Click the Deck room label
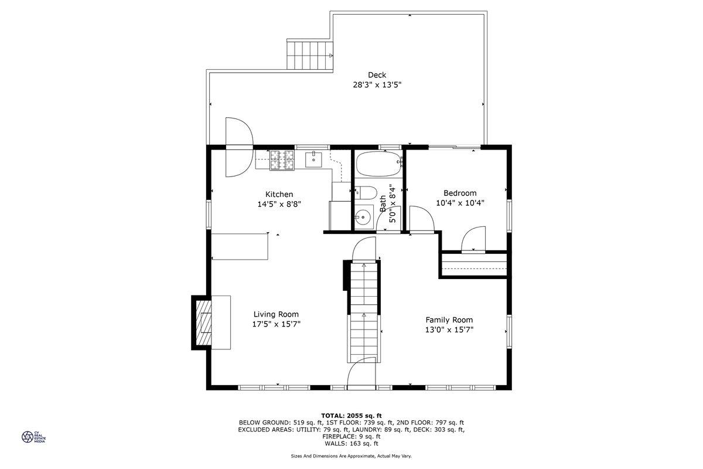[x=377, y=74]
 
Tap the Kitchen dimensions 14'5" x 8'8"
[x=279, y=205]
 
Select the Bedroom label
[x=460, y=193]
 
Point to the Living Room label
[x=276, y=314]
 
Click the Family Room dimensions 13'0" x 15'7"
[x=449, y=329]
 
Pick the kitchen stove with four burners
[x=281, y=159]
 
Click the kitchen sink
[x=315, y=159]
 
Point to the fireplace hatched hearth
[x=203, y=322]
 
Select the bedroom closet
[x=474, y=263]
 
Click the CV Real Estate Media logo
[x=33, y=437]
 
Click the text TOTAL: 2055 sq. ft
[x=351, y=415]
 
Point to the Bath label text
[x=383, y=203]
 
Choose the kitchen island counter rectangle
[x=240, y=246]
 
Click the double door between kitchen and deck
[x=238, y=146]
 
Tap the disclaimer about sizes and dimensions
[x=351, y=456]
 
